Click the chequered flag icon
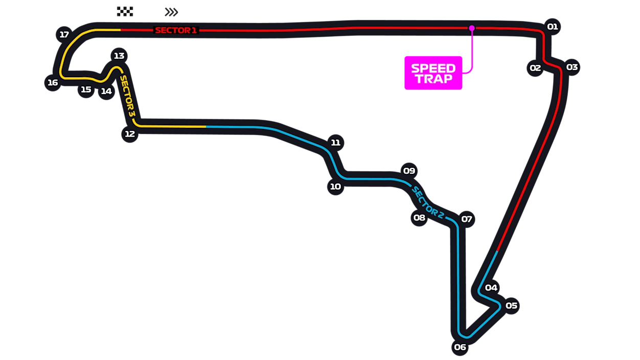coord(125,11)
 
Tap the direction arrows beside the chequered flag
coord(172,11)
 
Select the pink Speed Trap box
coord(433,73)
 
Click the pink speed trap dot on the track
coord(471,28)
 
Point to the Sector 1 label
coord(176,30)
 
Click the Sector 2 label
coord(427,202)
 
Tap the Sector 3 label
coord(127,97)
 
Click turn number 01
coord(552,27)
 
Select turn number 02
coord(535,68)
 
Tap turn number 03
coord(572,67)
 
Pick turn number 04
coord(491,287)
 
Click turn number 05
coord(511,306)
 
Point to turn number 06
coord(460,347)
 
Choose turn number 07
coord(466,219)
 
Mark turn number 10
coord(335,187)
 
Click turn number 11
coord(335,143)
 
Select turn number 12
coord(130,133)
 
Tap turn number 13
coord(119,56)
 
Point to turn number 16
coord(53,82)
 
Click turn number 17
coord(64,35)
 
